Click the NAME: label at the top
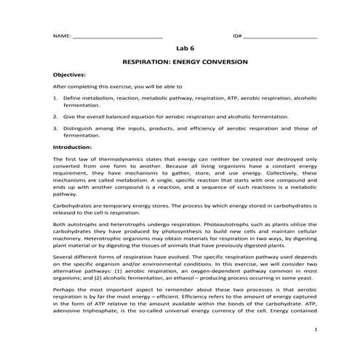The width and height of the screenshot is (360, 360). pos(62,36)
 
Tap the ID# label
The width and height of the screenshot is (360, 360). pos(236,36)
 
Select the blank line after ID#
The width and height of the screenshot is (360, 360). pos(279,36)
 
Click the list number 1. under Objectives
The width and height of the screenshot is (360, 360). pos(56,97)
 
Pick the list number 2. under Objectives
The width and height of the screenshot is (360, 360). pos(56,116)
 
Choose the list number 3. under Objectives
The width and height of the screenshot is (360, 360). pos(56,128)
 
